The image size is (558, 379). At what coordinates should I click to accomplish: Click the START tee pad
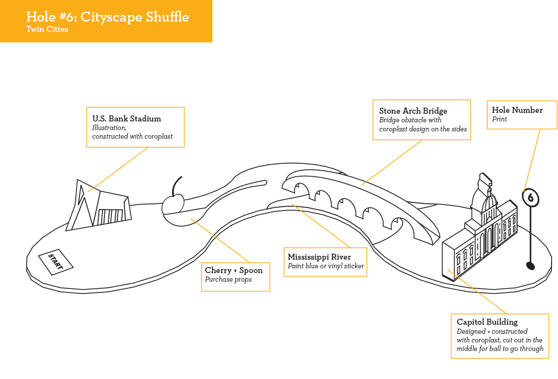[x=55, y=262]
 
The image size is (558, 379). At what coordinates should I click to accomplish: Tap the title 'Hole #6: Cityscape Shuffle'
[x=108, y=17]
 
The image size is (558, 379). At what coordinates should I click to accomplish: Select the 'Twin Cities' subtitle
[x=47, y=29]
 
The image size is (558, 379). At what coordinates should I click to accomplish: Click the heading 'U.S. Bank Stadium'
[x=126, y=119]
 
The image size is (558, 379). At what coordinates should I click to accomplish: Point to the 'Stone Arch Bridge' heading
[x=413, y=111]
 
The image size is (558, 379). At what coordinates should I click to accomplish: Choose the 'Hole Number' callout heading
[x=517, y=110]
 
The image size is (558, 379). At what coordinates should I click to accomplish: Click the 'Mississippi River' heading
[x=319, y=257]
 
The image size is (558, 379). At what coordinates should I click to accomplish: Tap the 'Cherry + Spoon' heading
[x=234, y=270]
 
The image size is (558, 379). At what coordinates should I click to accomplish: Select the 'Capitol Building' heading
[x=487, y=322]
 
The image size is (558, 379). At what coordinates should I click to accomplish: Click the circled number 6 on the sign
[x=530, y=198]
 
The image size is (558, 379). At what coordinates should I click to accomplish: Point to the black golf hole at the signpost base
[x=530, y=266]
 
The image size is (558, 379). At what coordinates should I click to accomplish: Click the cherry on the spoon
[x=173, y=205]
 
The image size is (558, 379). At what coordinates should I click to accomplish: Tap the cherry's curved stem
[x=176, y=185]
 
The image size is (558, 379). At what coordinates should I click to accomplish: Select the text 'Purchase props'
[x=228, y=280]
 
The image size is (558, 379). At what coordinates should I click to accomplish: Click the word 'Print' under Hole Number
[x=499, y=119]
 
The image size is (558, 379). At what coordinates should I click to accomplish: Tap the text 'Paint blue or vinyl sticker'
[x=326, y=266]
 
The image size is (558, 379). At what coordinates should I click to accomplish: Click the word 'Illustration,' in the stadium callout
[x=109, y=128]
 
